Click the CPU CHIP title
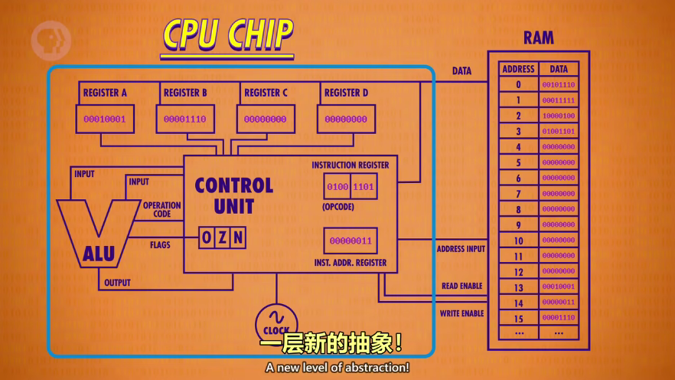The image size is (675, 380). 227,34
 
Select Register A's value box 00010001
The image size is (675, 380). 105,120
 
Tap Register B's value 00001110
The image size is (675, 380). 186,120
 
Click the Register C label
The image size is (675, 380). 266,93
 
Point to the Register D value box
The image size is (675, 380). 346,120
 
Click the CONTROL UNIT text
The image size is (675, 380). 233,195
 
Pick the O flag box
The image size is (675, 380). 207,238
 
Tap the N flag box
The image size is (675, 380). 238,238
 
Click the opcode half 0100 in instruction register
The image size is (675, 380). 337,187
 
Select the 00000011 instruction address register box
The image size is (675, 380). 351,241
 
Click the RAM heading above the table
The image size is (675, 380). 539,38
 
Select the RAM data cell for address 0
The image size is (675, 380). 559,85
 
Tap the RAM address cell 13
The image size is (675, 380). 518,287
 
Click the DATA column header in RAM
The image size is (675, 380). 559,69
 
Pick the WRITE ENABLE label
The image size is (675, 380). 461,313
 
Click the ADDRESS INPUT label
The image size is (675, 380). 461,249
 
